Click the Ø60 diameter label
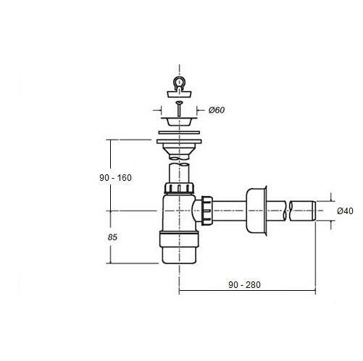tap(217, 110)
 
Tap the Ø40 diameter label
tap(345, 211)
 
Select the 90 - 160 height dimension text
tap(115, 178)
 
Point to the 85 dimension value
tap(112, 237)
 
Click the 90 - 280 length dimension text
tap(244, 285)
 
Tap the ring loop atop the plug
tap(179, 82)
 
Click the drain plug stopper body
tap(180, 93)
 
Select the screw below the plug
tap(179, 109)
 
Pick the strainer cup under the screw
tap(179, 122)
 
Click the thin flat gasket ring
tap(179, 132)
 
